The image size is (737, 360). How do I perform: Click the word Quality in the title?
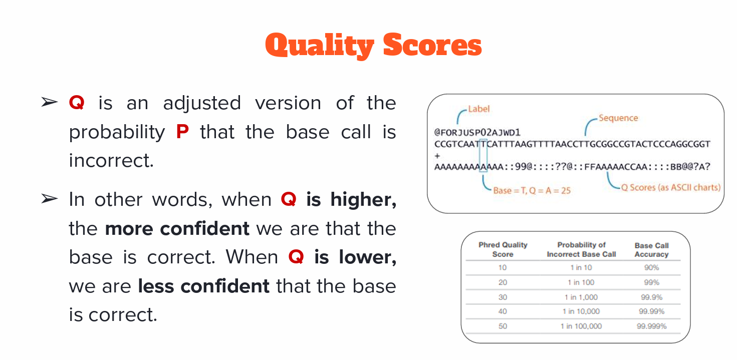(320, 46)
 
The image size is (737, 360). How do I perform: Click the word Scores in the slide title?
(432, 45)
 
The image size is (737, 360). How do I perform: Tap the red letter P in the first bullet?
(182, 132)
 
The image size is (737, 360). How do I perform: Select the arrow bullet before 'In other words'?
(50, 199)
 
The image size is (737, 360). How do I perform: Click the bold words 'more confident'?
(177, 228)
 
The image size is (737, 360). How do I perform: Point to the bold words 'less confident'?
(203, 286)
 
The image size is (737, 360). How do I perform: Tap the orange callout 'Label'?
(478, 109)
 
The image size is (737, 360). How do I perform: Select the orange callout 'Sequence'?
(618, 118)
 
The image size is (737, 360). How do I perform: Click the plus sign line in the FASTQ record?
(437, 156)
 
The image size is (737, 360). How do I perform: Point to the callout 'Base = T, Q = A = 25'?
(532, 191)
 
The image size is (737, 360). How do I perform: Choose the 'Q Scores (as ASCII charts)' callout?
(671, 187)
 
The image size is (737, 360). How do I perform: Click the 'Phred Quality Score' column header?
(503, 249)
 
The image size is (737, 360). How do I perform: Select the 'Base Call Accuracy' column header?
(651, 250)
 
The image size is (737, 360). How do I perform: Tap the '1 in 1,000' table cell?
(581, 297)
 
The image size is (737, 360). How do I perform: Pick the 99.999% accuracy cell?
(651, 326)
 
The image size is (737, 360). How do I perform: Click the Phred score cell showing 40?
(503, 311)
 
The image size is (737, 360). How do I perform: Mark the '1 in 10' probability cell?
(581, 267)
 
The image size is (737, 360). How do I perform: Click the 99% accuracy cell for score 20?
(651, 282)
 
